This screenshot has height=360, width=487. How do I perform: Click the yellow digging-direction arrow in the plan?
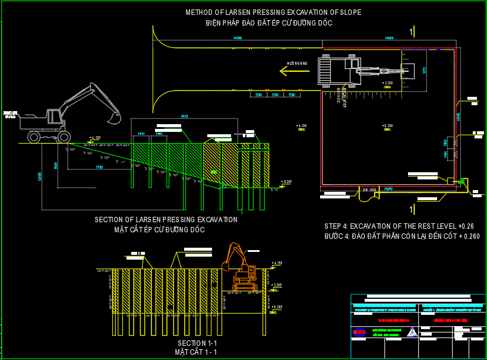tap(292, 71)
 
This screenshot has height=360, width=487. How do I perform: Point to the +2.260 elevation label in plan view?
tap(387, 83)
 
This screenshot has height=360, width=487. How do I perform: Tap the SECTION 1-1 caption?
tap(197, 344)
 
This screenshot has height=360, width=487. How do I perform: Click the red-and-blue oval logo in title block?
tap(359, 332)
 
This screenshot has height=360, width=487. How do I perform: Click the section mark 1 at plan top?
tap(411, 30)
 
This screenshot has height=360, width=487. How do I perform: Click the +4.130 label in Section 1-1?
tap(277, 263)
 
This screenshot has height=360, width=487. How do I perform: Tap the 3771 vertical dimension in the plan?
tap(424, 70)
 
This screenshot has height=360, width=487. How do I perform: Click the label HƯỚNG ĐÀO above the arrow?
tap(297, 62)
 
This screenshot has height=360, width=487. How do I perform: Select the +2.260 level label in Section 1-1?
tap(277, 285)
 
